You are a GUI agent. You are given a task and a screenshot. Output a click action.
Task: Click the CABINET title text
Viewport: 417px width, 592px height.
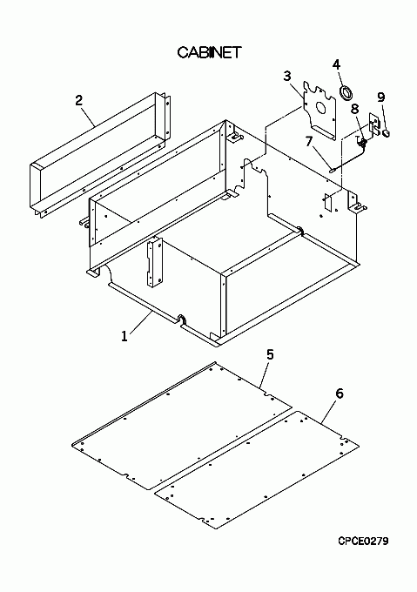pos(209,52)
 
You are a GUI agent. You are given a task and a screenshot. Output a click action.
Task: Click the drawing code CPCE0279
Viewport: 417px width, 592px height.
pos(363,541)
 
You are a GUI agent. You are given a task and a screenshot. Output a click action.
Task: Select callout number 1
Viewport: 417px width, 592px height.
pos(124,336)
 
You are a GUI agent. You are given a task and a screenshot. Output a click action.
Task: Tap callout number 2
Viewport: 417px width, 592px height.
pos(78,100)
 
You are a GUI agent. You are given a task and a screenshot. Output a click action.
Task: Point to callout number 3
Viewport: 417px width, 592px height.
pos(287,76)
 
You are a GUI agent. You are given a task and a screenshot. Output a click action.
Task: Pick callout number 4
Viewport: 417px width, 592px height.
pos(336,64)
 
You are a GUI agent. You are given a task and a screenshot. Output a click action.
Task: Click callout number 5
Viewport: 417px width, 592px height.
pos(270,354)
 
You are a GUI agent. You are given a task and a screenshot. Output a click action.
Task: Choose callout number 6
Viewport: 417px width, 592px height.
pos(340,394)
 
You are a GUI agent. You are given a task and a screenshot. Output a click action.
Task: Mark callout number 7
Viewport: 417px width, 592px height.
pos(309,141)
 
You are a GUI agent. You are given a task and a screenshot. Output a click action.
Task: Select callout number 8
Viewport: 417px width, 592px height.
pos(354,109)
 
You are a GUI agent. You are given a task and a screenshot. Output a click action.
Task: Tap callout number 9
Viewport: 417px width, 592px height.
pos(381,97)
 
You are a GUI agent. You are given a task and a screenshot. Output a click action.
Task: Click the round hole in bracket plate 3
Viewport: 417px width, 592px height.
pos(320,108)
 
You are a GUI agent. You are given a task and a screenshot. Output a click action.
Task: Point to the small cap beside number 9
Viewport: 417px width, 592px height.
pos(386,132)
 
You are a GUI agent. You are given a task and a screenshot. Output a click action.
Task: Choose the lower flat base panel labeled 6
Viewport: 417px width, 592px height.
pos(257,469)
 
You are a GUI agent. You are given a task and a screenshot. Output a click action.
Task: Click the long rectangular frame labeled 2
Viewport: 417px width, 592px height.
pos(101,155)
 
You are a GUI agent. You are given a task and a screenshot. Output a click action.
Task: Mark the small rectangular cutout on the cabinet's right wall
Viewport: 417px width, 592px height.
pos(327,203)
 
